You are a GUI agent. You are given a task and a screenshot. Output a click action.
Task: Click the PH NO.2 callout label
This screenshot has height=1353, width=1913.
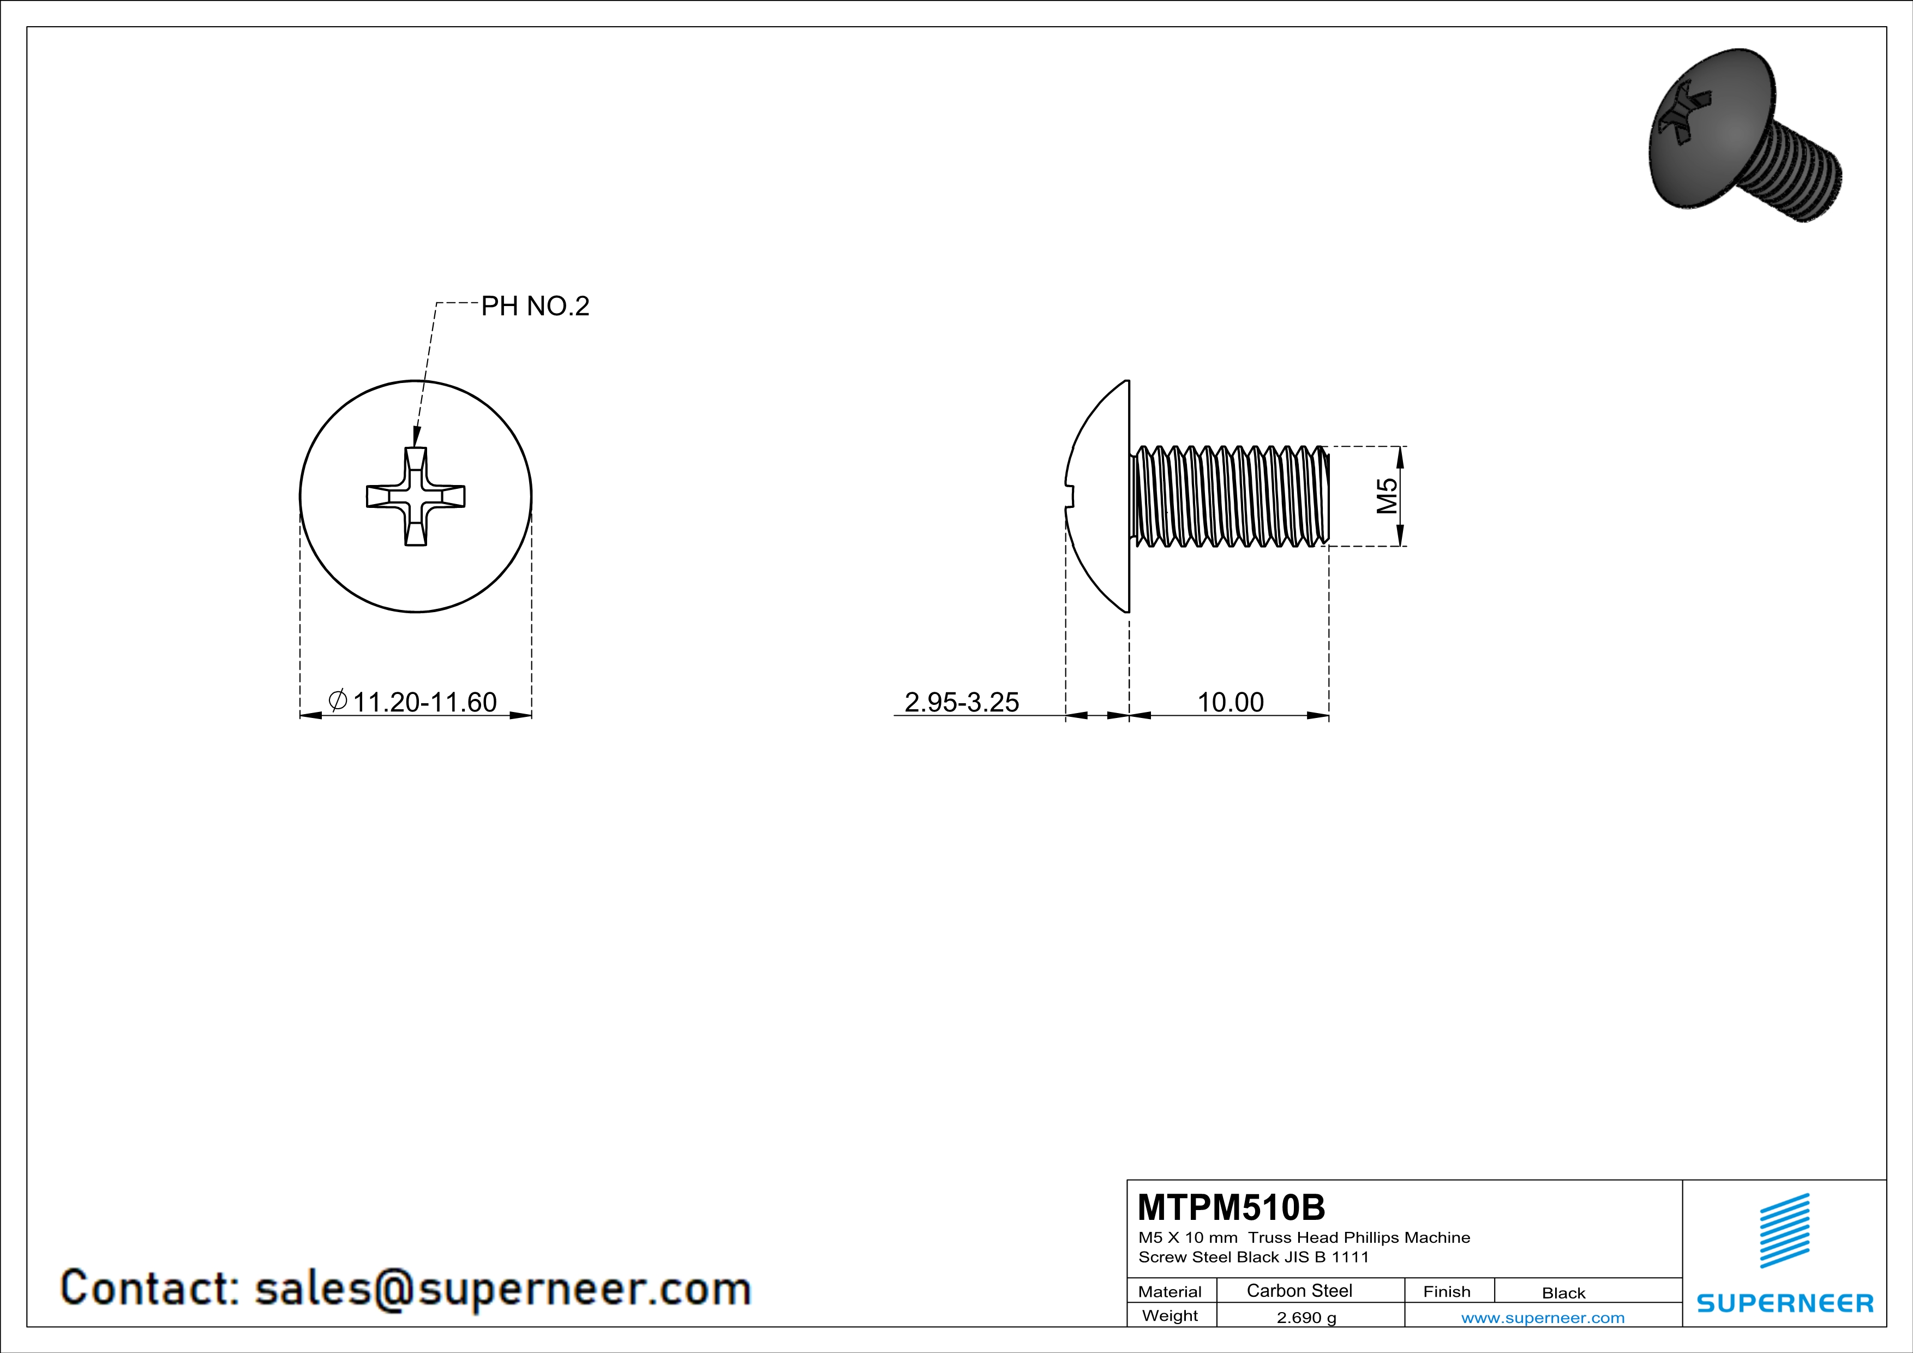(535, 307)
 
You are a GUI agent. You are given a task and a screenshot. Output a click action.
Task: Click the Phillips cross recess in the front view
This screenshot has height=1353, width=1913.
(416, 496)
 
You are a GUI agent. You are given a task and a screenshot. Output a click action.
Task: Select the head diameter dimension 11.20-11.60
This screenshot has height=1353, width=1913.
(424, 702)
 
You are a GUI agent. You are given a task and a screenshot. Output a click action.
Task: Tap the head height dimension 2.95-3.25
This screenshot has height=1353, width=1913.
(962, 702)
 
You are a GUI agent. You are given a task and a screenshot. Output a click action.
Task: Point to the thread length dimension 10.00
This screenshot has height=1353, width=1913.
(1230, 702)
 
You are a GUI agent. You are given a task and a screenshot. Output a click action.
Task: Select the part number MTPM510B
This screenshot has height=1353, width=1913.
(1231, 1207)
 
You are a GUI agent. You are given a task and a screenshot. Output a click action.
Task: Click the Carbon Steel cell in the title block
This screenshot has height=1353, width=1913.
(1299, 1290)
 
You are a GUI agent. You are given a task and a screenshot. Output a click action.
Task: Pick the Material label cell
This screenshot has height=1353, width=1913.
(1170, 1291)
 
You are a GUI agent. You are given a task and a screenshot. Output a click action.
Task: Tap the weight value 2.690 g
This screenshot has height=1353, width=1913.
(1305, 1317)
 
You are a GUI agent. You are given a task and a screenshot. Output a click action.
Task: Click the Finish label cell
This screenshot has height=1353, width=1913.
(1447, 1291)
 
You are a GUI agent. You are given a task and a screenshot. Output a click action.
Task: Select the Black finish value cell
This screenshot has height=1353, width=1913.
(1563, 1293)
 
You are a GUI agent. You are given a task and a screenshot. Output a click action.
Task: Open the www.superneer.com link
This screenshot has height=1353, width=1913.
(1542, 1317)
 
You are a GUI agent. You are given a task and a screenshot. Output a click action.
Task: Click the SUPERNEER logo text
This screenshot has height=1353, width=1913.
(1785, 1303)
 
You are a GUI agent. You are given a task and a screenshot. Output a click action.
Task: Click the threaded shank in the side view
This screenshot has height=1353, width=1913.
(1230, 496)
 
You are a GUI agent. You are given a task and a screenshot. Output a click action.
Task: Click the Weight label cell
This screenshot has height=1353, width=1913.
(1170, 1315)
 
